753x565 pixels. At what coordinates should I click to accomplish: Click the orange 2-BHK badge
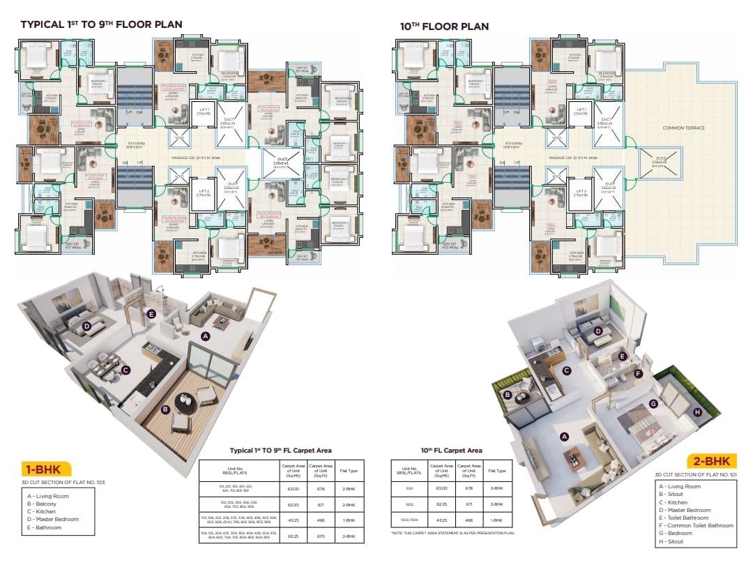(x=710, y=461)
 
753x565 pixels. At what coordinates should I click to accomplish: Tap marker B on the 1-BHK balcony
(x=167, y=409)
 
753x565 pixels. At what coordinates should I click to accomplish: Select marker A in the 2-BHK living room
(x=564, y=436)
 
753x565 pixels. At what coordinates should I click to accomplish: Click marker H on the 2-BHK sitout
(x=697, y=412)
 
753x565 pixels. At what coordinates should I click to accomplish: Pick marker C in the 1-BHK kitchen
(x=125, y=370)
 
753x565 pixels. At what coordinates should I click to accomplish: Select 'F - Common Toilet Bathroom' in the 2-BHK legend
(x=697, y=525)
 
